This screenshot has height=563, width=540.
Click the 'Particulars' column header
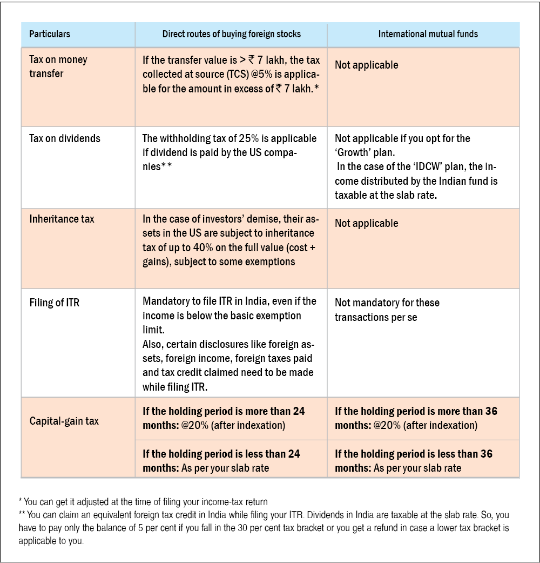[50, 34]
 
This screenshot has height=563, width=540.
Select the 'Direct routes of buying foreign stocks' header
[232, 34]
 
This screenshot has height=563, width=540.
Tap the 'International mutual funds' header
[428, 34]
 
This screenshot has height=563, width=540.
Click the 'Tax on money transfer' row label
[58, 66]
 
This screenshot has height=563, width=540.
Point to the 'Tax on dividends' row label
[65, 138]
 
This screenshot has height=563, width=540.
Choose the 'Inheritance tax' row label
[62, 219]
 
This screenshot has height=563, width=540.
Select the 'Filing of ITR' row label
[54, 303]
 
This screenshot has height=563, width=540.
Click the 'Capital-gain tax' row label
[64, 420]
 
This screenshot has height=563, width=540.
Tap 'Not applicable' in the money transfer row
[366, 65]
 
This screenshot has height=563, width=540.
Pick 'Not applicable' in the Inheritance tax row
[366, 223]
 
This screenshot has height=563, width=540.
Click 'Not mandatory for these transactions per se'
[387, 310]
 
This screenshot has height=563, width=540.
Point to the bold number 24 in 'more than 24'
[299, 411]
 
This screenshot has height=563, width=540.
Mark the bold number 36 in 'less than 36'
[486, 454]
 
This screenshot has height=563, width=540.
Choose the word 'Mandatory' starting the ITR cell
[166, 301]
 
